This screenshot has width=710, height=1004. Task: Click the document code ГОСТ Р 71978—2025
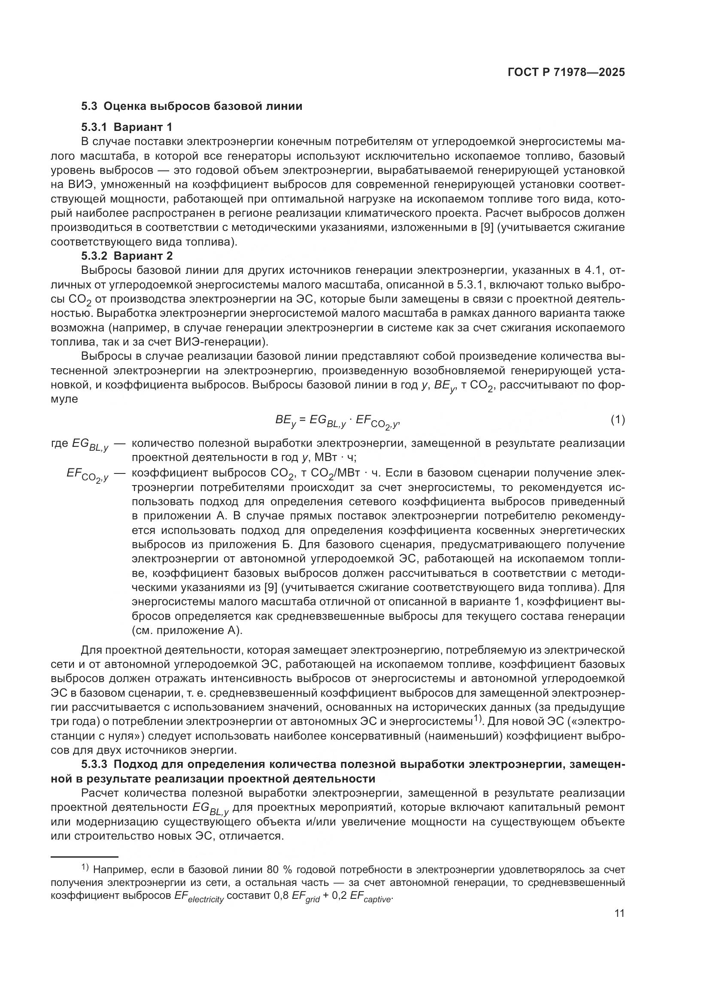[566, 73]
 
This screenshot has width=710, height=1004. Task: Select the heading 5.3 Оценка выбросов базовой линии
[191, 106]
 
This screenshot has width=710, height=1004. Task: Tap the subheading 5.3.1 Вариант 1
[127, 127]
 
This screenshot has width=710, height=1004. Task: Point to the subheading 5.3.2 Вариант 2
[127, 256]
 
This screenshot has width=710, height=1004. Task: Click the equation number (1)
[617, 420]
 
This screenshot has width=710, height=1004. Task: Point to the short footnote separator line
[85, 857]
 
